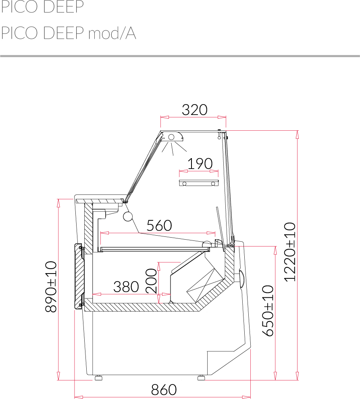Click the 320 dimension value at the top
point(194,110)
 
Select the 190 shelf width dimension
point(200,164)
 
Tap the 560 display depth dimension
point(159,226)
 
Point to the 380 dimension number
point(126,287)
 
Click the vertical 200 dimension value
point(151,281)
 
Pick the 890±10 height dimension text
point(51,287)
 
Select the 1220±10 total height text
point(290,252)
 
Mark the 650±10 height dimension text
point(268,311)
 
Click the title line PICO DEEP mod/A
point(69,33)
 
